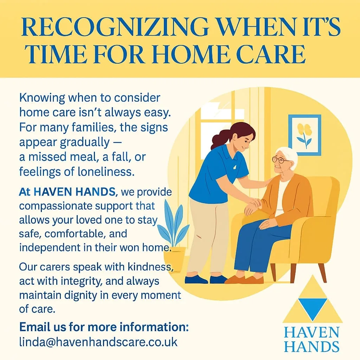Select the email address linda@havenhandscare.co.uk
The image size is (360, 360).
[98, 342]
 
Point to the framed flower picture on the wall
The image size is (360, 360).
[305, 135]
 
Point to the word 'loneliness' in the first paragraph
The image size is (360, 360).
[106, 172]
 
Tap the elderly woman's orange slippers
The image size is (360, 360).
[244, 279]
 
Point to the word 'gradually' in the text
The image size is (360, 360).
[85, 143]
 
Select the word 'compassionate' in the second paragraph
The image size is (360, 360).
[55, 206]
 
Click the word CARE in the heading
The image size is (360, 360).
[271, 54]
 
